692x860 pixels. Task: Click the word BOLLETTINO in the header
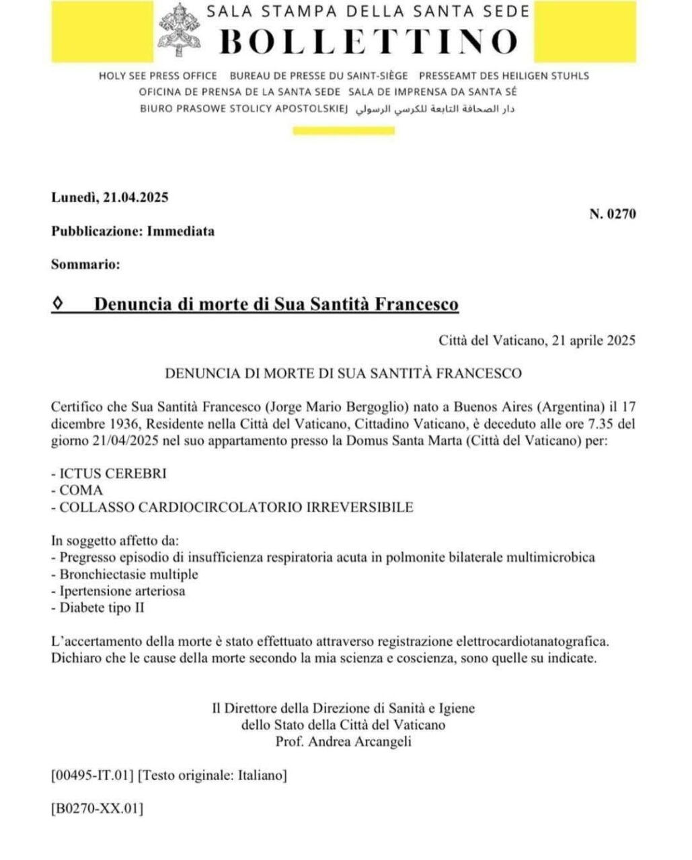tap(369, 41)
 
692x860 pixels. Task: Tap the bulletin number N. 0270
tap(612, 214)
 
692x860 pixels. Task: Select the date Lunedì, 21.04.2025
tap(110, 198)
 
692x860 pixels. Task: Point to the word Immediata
tap(181, 231)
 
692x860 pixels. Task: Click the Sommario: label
tap(85, 264)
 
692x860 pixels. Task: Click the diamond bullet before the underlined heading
tap(57, 304)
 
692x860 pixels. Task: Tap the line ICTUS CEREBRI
tap(109, 473)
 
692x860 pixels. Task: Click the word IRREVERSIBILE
tap(360, 507)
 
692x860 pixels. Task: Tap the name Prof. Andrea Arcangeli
tap(343, 742)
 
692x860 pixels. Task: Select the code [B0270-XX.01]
tap(97, 808)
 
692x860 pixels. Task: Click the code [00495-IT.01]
tap(92, 775)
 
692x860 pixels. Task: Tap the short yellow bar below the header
tap(344, 131)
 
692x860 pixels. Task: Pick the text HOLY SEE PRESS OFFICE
tap(158, 76)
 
